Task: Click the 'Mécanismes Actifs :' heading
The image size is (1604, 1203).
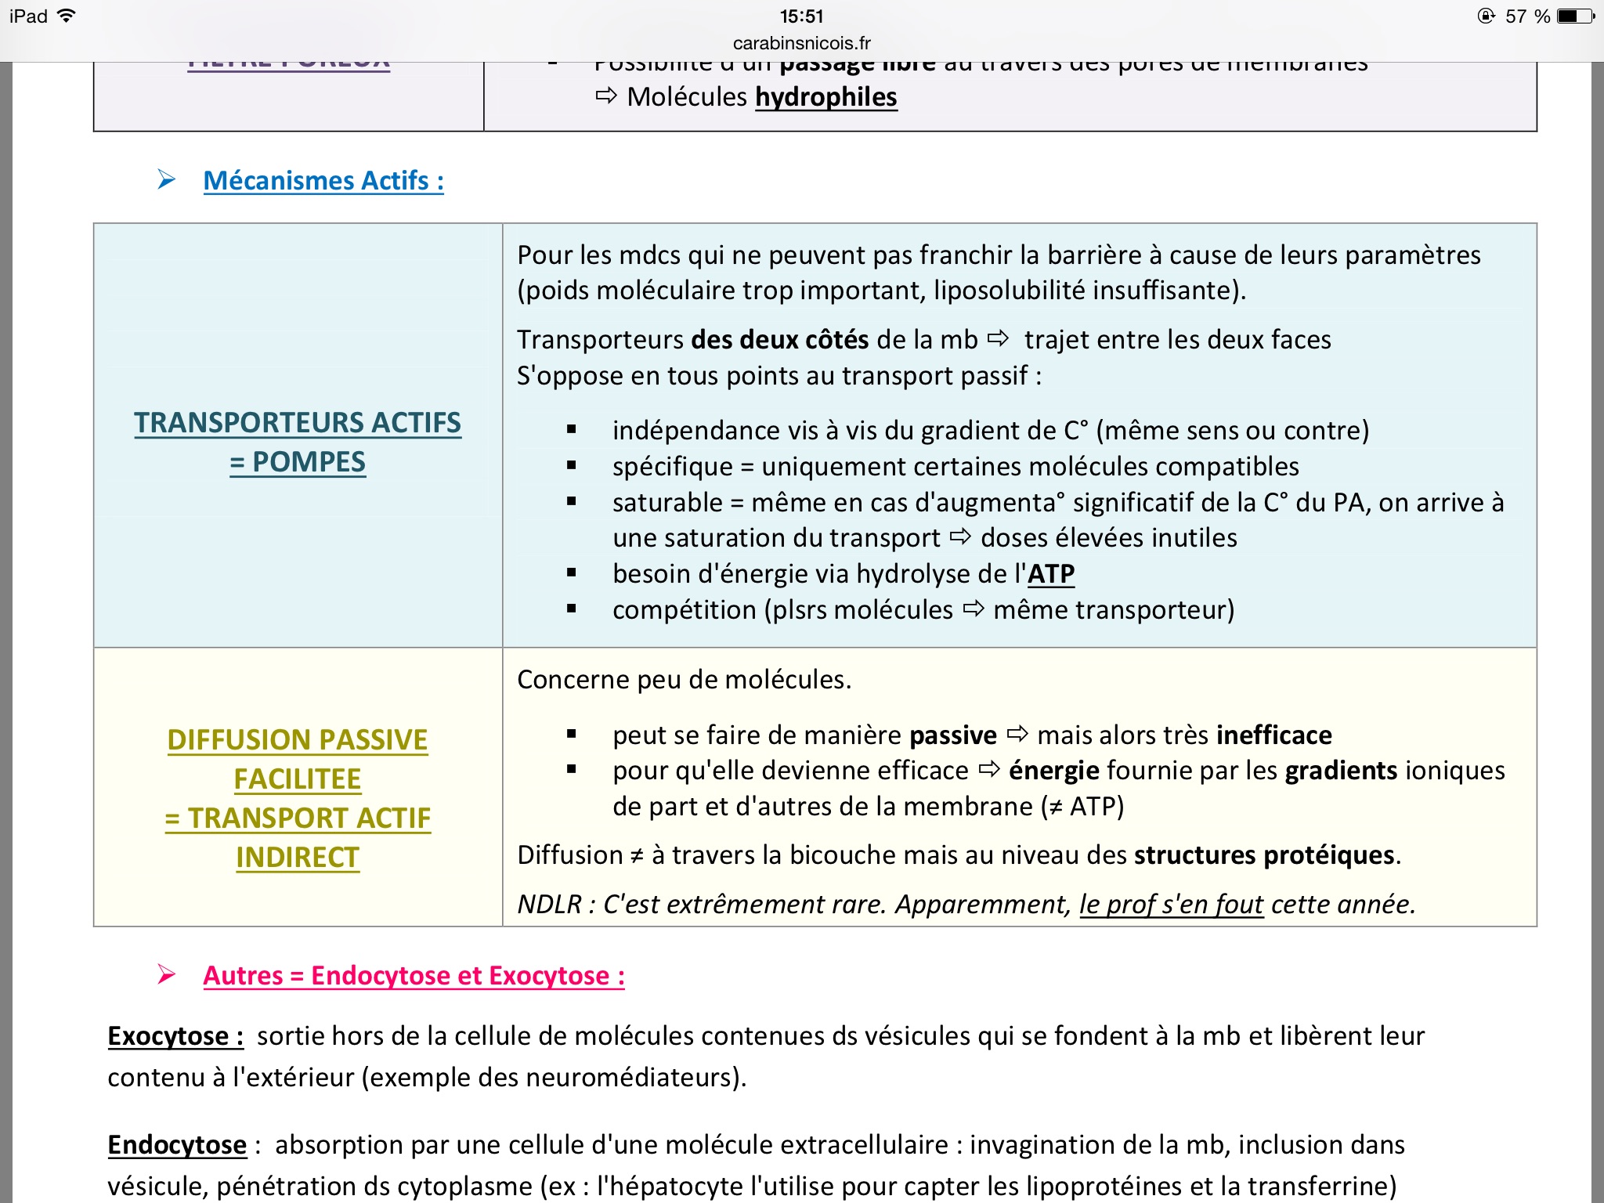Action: (323, 181)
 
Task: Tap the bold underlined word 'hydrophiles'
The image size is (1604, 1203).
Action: (825, 97)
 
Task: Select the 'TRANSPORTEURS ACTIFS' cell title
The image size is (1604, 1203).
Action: (298, 423)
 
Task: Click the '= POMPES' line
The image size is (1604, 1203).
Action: (298, 462)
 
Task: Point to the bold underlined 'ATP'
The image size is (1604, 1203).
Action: (1050, 574)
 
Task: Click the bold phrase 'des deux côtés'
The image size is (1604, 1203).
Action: (779, 340)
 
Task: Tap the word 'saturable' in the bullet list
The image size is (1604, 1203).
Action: (667, 502)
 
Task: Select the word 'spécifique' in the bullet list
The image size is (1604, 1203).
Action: (672, 467)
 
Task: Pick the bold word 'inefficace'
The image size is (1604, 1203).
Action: (1273, 735)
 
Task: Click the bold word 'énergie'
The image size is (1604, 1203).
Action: (1053, 771)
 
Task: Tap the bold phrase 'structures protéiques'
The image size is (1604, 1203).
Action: (1264, 855)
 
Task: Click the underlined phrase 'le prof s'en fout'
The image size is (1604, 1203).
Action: (1171, 905)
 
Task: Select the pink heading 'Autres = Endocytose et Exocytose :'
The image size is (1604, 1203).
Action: (414, 976)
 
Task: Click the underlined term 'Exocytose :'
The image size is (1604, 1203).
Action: (175, 1036)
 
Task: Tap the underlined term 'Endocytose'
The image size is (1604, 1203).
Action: (177, 1145)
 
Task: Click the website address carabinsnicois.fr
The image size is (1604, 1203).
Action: (801, 43)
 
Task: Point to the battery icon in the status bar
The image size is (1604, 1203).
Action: (1574, 16)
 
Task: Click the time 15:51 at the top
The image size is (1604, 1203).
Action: (801, 16)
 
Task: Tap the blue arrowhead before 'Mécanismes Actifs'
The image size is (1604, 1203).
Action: (166, 180)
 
